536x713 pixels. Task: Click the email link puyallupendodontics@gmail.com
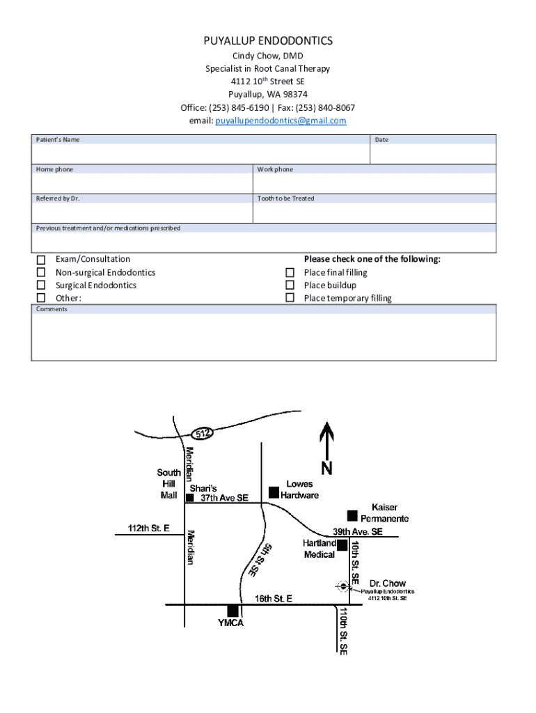(281, 120)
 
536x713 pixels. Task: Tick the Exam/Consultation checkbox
(41, 260)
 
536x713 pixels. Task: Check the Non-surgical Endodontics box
(41, 272)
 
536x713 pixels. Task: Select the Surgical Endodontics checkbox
(41, 285)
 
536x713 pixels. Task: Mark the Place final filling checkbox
(290, 272)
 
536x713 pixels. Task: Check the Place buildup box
(290, 285)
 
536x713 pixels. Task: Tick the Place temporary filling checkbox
(290, 298)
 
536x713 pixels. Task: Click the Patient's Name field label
(58, 140)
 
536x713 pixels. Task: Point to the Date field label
(381, 140)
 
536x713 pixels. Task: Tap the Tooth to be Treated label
(285, 198)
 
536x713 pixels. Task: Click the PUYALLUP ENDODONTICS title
(268, 41)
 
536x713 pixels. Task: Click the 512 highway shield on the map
(203, 434)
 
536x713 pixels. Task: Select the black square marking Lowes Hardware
(274, 492)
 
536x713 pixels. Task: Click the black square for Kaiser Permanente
(352, 515)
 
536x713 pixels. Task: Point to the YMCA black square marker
(232, 611)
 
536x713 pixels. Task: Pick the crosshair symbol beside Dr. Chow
(342, 586)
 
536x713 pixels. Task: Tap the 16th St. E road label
(273, 598)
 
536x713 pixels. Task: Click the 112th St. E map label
(149, 528)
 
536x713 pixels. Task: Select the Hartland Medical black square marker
(342, 545)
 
